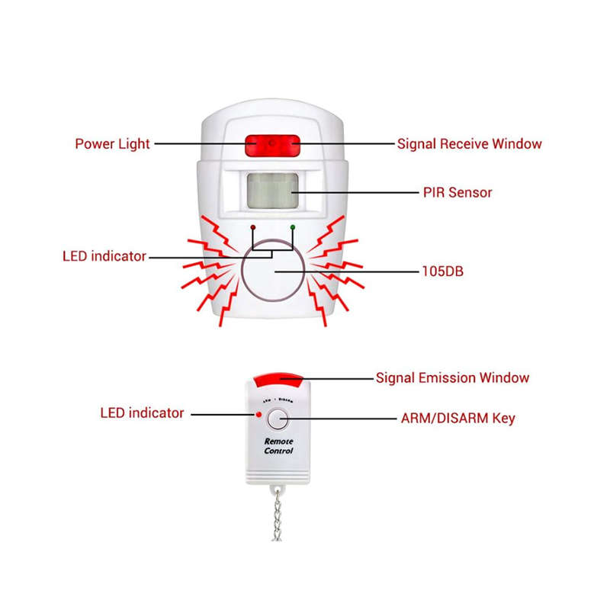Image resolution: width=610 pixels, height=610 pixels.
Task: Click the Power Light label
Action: click(112, 143)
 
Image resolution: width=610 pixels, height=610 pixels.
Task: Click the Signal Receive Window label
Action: click(469, 143)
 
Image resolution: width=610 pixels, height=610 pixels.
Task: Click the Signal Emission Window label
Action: click(452, 377)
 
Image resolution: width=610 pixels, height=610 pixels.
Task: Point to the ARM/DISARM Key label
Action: click(458, 418)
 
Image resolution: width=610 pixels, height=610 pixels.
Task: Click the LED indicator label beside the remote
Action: click(142, 413)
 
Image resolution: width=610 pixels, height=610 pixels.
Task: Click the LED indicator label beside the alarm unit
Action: click(104, 256)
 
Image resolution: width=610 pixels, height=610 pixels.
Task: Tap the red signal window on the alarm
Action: click(272, 144)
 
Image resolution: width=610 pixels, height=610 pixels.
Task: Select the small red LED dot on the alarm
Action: click(253, 227)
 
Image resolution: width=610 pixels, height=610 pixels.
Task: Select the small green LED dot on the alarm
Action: click(292, 227)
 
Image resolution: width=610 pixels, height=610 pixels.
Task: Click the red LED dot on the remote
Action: click(260, 414)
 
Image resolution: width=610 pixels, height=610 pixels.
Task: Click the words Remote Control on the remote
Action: click(278, 446)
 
